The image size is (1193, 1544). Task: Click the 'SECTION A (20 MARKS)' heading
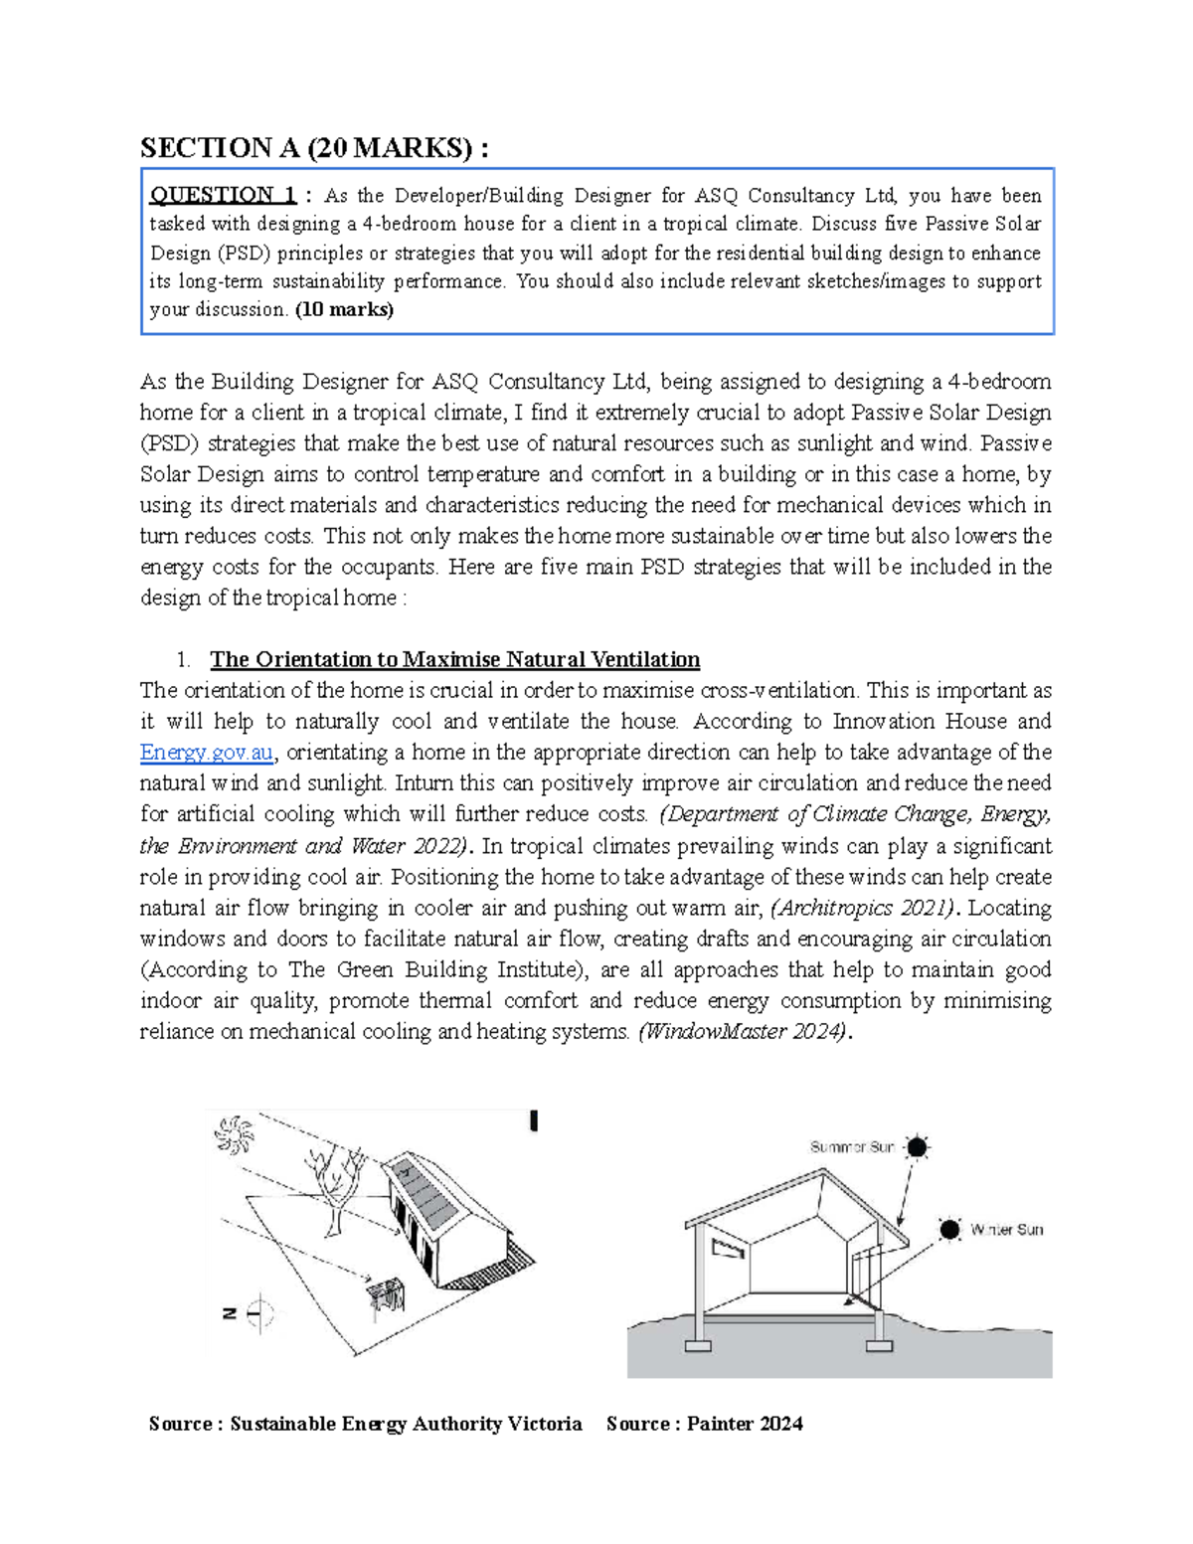[x=314, y=148]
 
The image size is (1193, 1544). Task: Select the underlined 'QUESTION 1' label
[x=223, y=195]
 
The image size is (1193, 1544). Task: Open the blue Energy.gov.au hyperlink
[x=206, y=752]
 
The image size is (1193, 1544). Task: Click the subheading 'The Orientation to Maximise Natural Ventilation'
[x=454, y=659]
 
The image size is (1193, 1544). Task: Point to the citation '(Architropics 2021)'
[x=865, y=908]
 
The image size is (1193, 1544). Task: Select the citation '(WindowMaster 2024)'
[x=744, y=1031]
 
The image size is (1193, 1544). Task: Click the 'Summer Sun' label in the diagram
[x=852, y=1147]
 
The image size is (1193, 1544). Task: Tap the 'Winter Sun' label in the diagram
[x=1006, y=1230]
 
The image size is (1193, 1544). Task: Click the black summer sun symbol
[x=917, y=1147]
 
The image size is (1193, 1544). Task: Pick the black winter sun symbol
[x=950, y=1230]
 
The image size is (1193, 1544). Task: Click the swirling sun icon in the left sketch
[x=236, y=1134]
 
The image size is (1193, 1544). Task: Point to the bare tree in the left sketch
[x=335, y=1183]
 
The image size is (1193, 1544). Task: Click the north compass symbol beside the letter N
[x=259, y=1313]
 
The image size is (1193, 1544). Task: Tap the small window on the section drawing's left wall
[x=729, y=1247]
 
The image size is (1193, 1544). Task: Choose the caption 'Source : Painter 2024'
[x=704, y=1424]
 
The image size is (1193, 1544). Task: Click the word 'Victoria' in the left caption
[x=544, y=1424]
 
